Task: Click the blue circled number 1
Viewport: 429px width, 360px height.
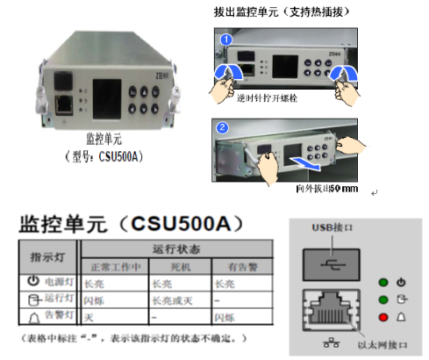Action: (225, 40)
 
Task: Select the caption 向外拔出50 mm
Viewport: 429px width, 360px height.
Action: (326, 188)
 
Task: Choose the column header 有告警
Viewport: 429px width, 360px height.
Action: (235, 266)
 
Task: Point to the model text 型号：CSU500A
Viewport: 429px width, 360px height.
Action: (104, 157)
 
